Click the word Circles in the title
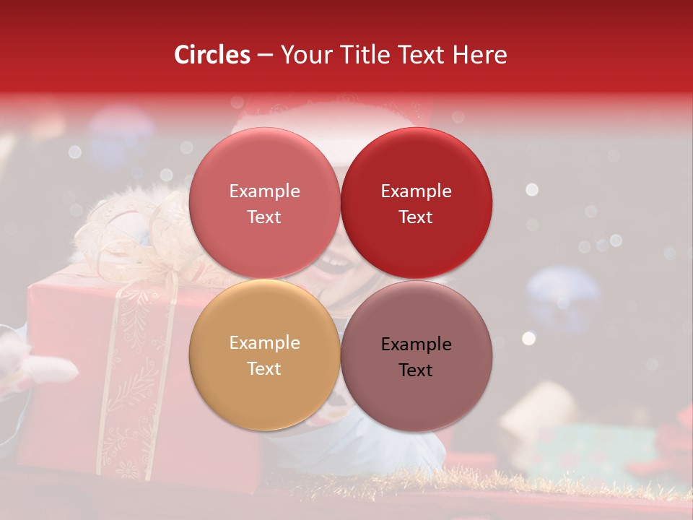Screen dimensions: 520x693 coord(212,55)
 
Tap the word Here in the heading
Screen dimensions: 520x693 coord(480,55)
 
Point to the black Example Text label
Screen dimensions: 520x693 coord(416,357)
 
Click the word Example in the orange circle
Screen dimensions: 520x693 coord(264,343)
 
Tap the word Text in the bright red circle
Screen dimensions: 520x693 coord(416,217)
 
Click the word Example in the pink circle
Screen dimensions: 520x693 coord(264,191)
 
